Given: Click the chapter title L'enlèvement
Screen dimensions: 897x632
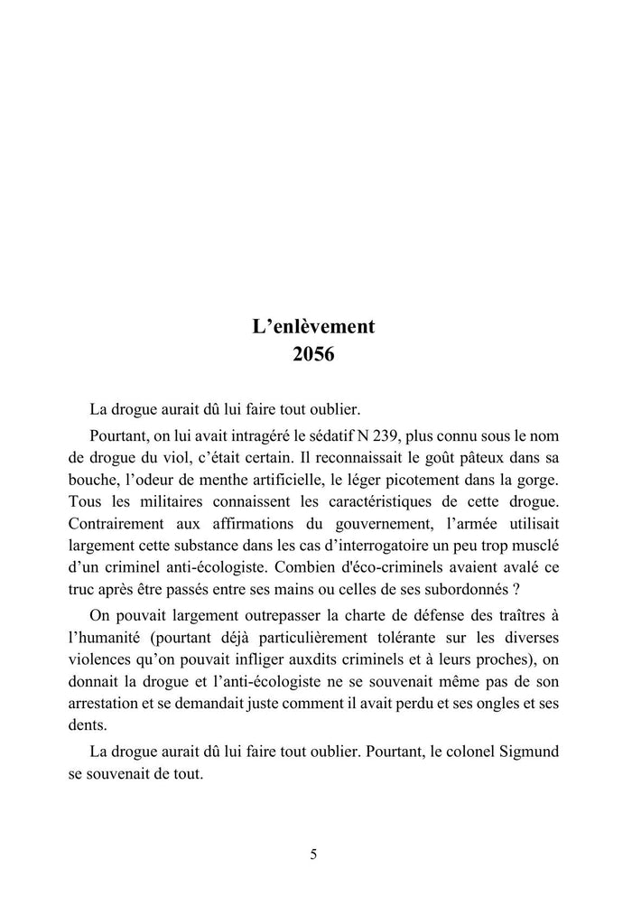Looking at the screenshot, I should click(x=313, y=326).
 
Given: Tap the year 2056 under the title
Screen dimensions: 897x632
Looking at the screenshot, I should click(x=313, y=354).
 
